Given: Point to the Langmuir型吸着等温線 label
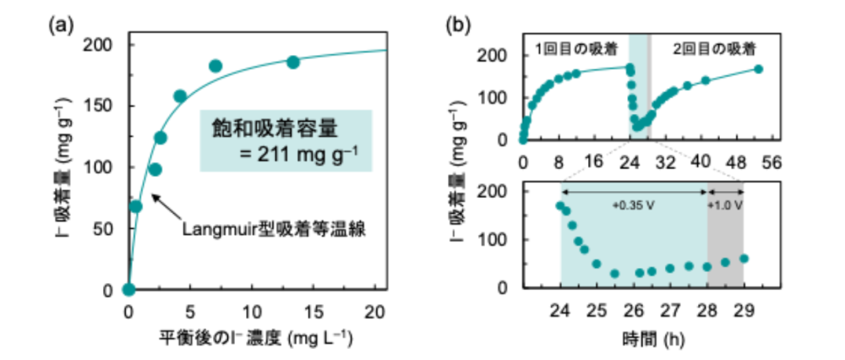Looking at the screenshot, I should [272, 229].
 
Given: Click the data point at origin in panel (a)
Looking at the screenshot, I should [128, 290].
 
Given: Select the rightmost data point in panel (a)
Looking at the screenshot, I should [293, 62].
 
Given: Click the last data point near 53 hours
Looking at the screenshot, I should [758, 69].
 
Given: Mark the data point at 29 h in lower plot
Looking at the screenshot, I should [744, 259].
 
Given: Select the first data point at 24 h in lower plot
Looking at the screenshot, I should [560, 205].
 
